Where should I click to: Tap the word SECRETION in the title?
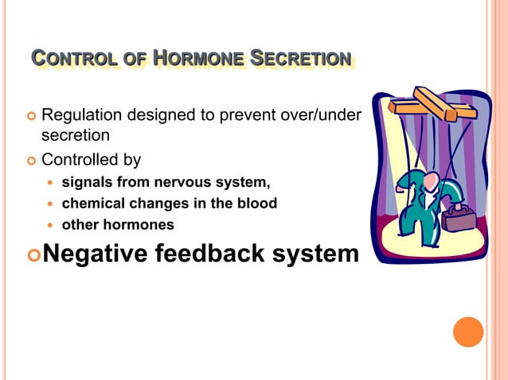pyautogui.click(x=300, y=59)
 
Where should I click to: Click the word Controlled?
pyautogui.click(x=80, y=159)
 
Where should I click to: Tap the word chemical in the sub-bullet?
pyautogui.click(x=91, y=204)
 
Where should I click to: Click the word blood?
pyautogui.click(x=256, y=204)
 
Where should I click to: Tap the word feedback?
pyautogui.click(x=216, y=254)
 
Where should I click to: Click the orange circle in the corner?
pyautogui.click(x=468, y=332)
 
